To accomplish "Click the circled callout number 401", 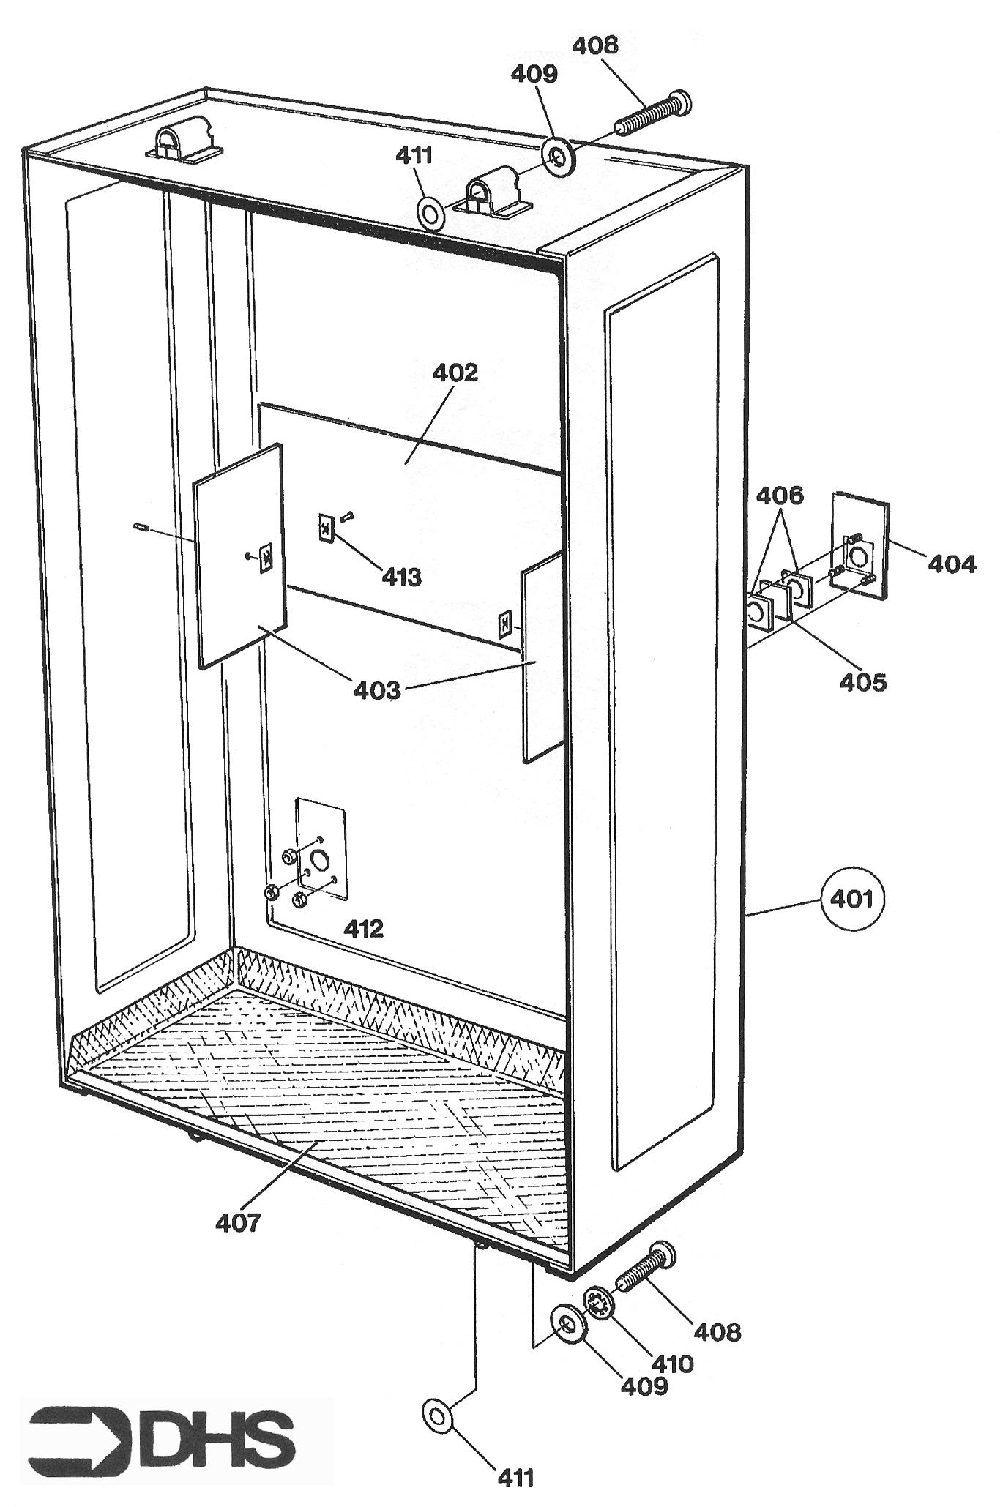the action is pyautogui.click(x=854, y=898).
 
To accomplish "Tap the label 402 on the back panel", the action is pyautogui.click(x=455, y=373).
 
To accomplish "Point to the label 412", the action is pyautogui.click(x=364, y=929).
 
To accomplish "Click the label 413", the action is pyautogui.click(x=402, y=577).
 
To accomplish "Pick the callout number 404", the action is pyautogui.click(x=952, y=564).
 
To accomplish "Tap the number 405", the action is pyautogui.click(x=863, y=682).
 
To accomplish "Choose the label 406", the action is pyautogui.click(x=780, y=496).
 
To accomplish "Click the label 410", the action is pyautogui.click(x=671, y=1363).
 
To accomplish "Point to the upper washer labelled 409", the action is pyautogui.click(x=559, y=155).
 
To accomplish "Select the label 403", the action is pyautogui.click(x=377, y=689).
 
